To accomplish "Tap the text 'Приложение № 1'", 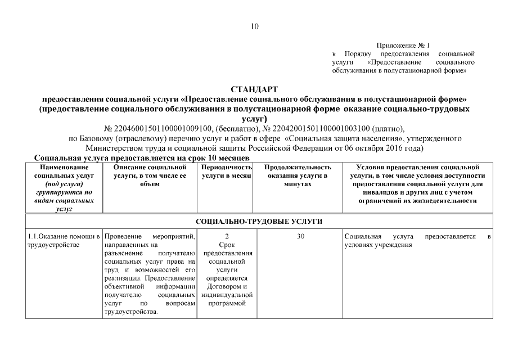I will coord(403,45).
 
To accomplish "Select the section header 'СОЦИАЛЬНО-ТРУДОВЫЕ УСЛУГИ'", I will coord(259,220).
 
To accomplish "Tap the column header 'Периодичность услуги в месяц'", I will coord(227,172).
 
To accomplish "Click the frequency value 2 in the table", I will coord(227,237).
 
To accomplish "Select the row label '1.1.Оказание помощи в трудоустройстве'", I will coord(64,241).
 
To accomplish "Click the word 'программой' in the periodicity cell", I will coord(227,304).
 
